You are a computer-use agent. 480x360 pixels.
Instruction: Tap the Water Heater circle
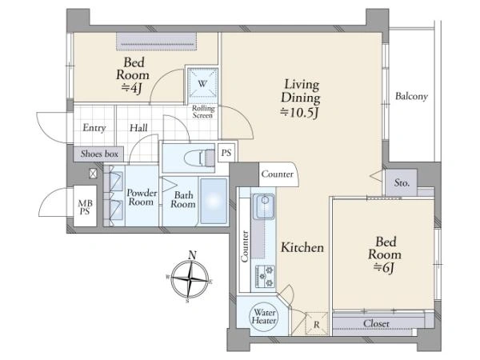pyautogui.click(x=264, y=317)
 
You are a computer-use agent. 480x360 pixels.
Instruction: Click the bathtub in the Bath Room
pyautogui.click(x=214, y=201)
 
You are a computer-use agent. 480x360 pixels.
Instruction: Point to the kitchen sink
pyautogui.click(x=265, y=206)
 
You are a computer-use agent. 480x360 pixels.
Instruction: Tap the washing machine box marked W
pyautogui.click(x=202, y=83)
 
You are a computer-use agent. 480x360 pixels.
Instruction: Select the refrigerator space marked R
pyautogui.click(x=317, y=324)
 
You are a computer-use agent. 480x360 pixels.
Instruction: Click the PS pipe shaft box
pyautogui.click(x=226, y=153)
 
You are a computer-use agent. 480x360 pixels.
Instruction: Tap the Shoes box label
pyautogui.click(x=99, y=154)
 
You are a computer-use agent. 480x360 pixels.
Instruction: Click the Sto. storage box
pyautogui.click(x=402, y=182)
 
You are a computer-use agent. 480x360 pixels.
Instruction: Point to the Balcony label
pyautogui.click(x=411, y=96)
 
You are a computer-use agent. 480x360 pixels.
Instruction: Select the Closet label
pyautogui.click(x=376, y=323)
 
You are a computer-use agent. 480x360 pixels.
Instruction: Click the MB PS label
pyautogui.click(x=86, y=207)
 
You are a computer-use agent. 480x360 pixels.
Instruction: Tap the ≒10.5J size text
pyautogui.click(x=300, y=113)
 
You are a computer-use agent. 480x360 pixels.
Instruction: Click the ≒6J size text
pyautogui.click(x=385, y=268)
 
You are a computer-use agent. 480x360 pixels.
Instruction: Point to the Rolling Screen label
pyautogui.click(x=203, y=112)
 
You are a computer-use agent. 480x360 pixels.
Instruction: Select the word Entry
pyautogui.click(x=94, y=128)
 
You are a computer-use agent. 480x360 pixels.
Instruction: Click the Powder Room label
pyautogui.click(x=142, y=198)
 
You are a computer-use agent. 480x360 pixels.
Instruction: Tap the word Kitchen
pyautogui.click(x=302, y=247)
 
